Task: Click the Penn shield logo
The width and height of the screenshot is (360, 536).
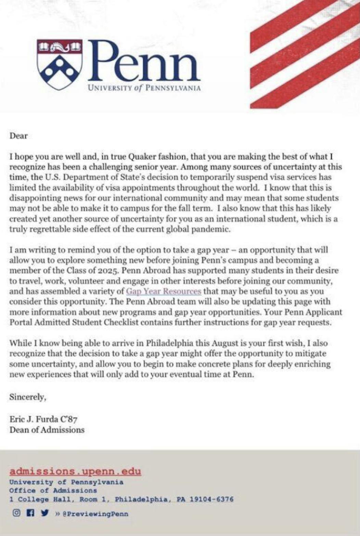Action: [x=60, y=64]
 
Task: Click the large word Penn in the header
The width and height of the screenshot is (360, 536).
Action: [x=144, y=62]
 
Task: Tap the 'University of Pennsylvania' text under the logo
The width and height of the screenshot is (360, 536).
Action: [x=144, y=88]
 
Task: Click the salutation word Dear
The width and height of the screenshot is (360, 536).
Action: [x=18, y=136]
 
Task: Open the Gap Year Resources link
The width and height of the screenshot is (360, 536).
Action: [x=164, y=291]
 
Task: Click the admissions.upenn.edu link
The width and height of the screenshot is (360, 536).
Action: [x=75, y=471]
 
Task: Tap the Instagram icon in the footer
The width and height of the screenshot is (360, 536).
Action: [x=16, y=513]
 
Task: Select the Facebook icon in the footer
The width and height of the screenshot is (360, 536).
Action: [x=30, y=513]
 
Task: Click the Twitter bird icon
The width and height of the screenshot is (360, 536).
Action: [x=44, y=513]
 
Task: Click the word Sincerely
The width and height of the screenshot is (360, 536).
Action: [x=27, y=397]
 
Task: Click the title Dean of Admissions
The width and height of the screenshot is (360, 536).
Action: [x=47, y=430]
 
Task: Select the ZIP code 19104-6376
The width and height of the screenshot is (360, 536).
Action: [x=211, y=499]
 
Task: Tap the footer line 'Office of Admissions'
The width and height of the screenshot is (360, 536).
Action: [x=53, y=491]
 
